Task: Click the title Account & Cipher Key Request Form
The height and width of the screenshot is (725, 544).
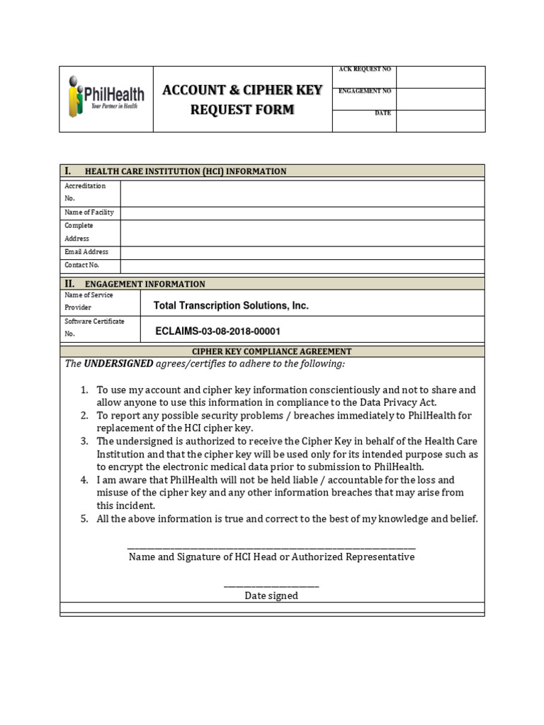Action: [x=242, y=99]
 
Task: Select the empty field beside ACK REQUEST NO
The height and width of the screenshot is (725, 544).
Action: [x=440, y=76]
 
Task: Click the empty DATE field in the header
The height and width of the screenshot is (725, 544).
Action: [x=440, y=120]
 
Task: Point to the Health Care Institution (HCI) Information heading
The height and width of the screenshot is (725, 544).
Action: [x=186, y=171]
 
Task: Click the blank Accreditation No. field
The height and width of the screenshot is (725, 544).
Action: [x=302, y=193]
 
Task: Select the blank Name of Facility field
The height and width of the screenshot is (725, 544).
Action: [x=302, y=212]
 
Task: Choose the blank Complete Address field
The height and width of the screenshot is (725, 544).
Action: [x=302, y=232]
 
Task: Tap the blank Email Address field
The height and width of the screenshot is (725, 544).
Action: [x=302, y=252]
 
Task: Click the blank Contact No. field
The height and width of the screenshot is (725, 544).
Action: [x=302, y=266]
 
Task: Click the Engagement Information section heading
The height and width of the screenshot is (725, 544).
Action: [x=144, y=284]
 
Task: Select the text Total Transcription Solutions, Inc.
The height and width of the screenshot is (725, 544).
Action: [x=231, y=306]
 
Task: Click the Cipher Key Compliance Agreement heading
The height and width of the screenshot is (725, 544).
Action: [x=272, y=351]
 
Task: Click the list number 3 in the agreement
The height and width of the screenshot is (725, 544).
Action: [x=84, y=441]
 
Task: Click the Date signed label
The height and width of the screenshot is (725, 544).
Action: [x=271, y=596]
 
